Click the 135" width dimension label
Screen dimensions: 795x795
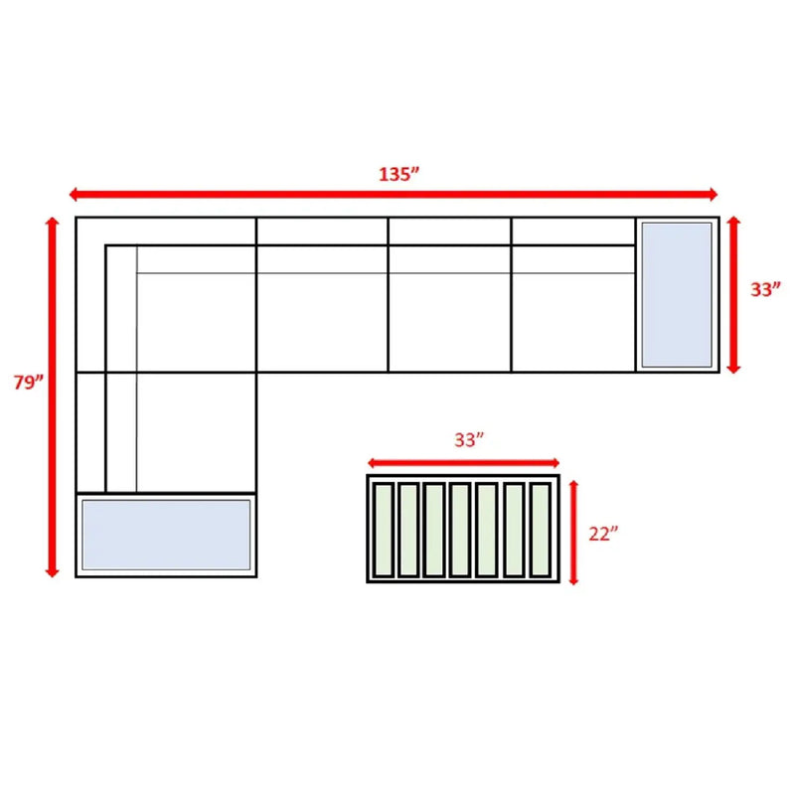399,174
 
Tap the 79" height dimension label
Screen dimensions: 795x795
29,382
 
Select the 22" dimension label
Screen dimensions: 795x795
603,534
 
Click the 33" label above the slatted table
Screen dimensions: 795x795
469,439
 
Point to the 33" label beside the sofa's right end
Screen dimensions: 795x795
765,289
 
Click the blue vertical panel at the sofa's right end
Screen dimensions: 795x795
677,294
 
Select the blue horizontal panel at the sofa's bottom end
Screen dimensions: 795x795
166,535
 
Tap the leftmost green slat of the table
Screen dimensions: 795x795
384,530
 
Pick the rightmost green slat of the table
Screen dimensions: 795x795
540,530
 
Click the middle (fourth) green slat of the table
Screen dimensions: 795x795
460,530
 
